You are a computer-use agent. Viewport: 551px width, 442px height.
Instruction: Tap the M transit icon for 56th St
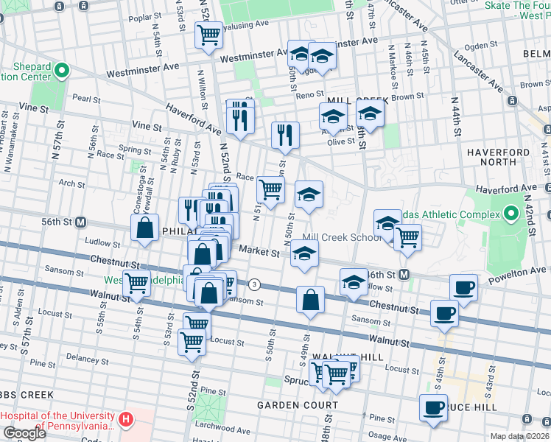pos(81,222)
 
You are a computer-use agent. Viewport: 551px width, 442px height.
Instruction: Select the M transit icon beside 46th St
pos(404,274)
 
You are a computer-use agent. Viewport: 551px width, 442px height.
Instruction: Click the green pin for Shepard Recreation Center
pos(62,71)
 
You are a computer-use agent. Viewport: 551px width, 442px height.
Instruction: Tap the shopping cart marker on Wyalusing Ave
pos(209,34)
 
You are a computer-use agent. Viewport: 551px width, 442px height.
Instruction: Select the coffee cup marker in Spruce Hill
pos(433,407)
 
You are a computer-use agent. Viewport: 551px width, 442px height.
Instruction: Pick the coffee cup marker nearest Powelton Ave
pos(463,287)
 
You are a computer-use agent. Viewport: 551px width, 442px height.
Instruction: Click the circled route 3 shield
pos(255,284)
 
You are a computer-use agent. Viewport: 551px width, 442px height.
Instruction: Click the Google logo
pos(24,434)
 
